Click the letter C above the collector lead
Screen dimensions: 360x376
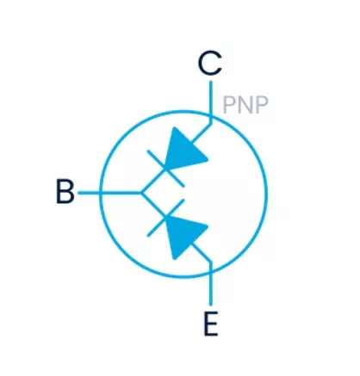pos(210,64)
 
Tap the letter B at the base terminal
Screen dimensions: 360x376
pos(65,191)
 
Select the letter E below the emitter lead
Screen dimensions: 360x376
pos(211,324)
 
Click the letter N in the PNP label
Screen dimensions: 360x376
pos(245,105)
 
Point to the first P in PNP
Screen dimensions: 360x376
pos(229,105)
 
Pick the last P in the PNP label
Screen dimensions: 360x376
pos(262,105)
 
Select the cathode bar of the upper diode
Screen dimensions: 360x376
pos(165,169)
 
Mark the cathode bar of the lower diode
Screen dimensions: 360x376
pos(165,218)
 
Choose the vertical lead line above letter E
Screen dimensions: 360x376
pos(211,288)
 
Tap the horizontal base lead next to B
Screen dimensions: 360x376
pos(110,193)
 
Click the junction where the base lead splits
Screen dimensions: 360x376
pos(142,193)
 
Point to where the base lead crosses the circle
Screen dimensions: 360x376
pos(101,193)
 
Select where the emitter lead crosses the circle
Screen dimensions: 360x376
pos(211,271)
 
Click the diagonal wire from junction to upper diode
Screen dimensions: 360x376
pos(153,181)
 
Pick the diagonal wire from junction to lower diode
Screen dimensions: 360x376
pos(153,205)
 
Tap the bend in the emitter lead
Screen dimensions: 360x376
pos(211,262)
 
